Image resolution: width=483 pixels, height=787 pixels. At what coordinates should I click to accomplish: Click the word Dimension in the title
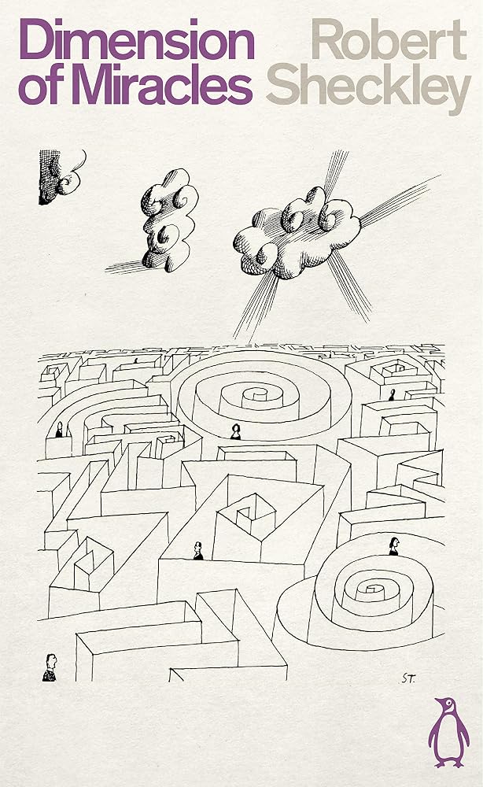coord(136,39)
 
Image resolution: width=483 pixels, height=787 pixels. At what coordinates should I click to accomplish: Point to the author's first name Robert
coord(389,39)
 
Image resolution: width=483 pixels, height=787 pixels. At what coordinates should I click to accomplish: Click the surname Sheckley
coord(369,91)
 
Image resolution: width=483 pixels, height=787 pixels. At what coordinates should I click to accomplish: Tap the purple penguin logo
coord(448,732)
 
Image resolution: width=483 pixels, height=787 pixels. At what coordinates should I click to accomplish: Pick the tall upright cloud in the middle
coord(169,220)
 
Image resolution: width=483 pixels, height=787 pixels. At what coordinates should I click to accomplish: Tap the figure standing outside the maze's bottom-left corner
coord(50,667)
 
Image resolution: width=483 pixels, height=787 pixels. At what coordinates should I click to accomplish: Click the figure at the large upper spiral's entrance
coord(235,431)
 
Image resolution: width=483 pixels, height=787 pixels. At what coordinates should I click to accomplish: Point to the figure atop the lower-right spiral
coord(394,546)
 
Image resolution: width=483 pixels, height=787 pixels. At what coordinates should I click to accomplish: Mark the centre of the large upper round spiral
coord(258,396)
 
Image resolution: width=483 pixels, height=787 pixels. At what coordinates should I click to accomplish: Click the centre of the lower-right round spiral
coord(371,588)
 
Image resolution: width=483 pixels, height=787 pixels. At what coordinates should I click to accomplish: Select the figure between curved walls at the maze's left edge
coord(59,430)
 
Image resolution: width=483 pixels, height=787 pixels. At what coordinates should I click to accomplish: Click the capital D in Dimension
coord(35,39)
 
